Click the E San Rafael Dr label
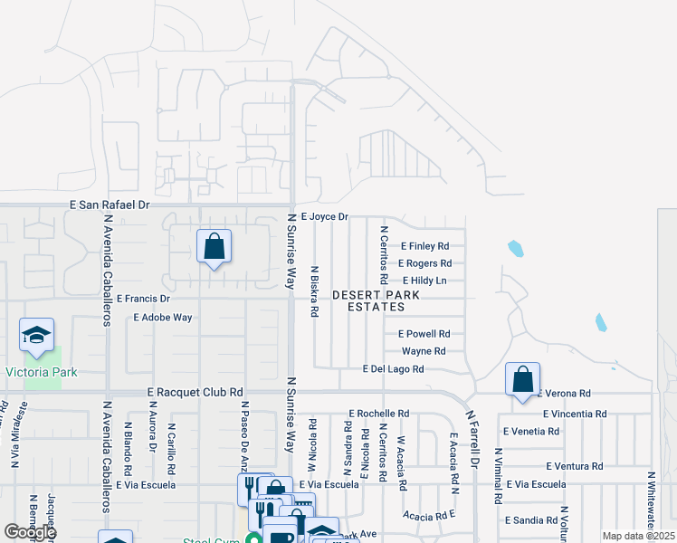click(x=110, y=205)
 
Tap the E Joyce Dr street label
click(x=325, y=217)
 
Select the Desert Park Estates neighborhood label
click(x=368, y=301)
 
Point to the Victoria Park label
click(x=42, y=372)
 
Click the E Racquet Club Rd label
click(x=195, y=393)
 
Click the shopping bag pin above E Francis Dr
click(x=214, y=246)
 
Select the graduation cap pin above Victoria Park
click(x=36, y=335)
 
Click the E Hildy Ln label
click(x=424, y=281)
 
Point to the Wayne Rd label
click(x=424, y=351)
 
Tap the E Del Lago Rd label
click(x=394, y=369)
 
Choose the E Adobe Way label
click(x=163, y=318)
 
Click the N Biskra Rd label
click(x=314, y=291)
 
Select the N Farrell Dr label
click(x=472, y=438)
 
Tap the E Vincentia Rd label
click(x=575, y=414)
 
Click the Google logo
click(x=30, y=532)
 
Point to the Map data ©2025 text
click(x=637, y=536)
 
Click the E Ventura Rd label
click(x=575, y=466)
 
